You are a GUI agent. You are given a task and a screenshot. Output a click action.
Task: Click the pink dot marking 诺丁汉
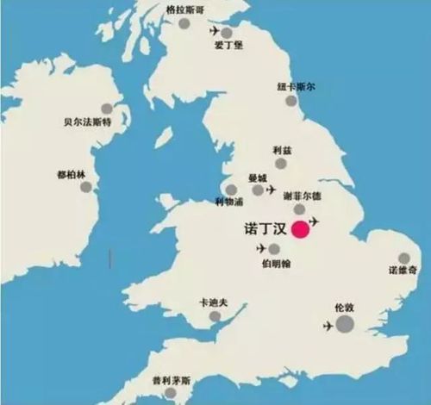301,229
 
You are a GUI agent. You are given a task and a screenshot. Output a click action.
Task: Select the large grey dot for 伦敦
344,324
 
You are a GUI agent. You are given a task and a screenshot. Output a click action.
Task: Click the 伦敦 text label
344,306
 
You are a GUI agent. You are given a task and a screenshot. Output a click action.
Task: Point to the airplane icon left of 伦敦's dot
328,326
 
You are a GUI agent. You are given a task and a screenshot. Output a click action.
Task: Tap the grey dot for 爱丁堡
227,33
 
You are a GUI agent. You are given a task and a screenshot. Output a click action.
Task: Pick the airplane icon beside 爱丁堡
214,31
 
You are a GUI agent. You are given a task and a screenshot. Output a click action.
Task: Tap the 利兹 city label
282,148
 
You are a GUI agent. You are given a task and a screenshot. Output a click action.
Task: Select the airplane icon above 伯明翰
261,248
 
